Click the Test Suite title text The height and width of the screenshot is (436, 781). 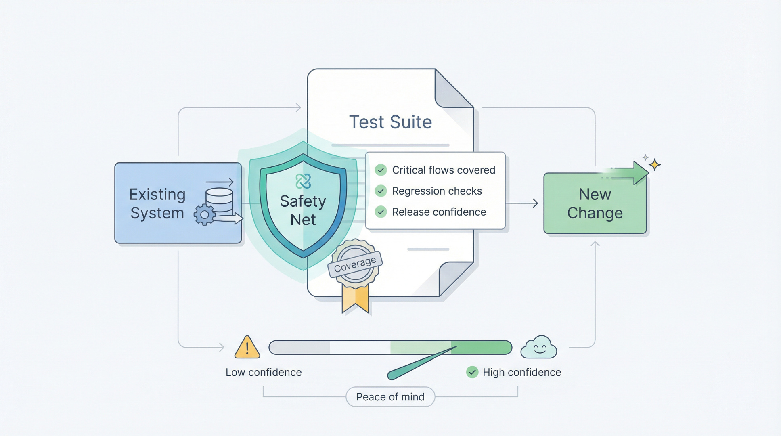pos(390,122)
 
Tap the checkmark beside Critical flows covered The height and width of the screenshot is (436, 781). pos(381,170)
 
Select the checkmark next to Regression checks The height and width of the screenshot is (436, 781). pos(381,191)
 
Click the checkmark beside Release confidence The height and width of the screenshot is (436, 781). pos(381,212)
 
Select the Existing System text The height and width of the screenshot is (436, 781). pos(157,203)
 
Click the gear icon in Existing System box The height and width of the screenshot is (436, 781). pos(205,215)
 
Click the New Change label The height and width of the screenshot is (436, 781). pos(595,203)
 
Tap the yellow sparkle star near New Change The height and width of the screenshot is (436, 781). pos(655,165)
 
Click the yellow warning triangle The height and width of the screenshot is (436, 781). pos(247,348)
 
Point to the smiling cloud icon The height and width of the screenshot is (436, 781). pos(539,348)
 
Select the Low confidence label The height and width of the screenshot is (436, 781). pos(264,372)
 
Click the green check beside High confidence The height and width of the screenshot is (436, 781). pos(472,372)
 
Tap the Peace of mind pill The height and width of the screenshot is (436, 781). pos(390,397)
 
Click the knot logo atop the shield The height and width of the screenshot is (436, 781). pos(303,181)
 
